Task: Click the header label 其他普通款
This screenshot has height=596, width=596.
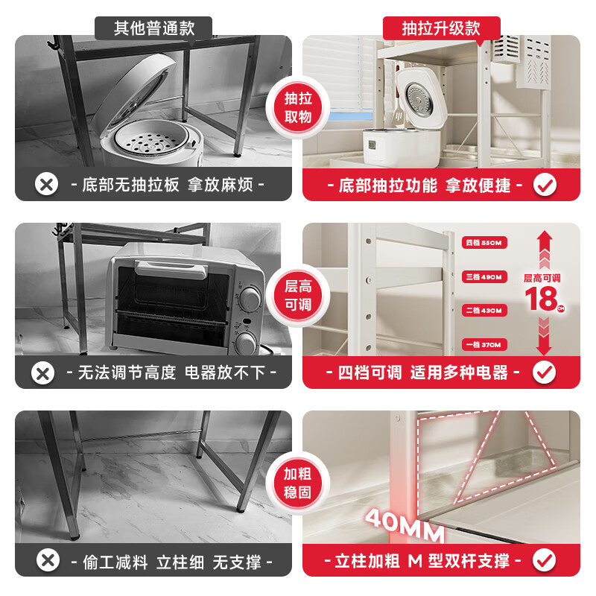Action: pyautogui.click(x=153, y=28)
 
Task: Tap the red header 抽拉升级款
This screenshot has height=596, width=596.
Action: pyautogui.click(x=441, y=28)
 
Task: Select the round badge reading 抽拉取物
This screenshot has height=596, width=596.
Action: pyautogui.click(x=297, y=107)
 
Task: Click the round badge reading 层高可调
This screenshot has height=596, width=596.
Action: pyautogui.click(x=297, y=295)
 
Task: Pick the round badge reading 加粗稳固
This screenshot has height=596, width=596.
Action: pyautogui.click(x=297, y=483)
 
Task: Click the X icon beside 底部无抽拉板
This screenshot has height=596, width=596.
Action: pyautogui.click(x=46, y=184)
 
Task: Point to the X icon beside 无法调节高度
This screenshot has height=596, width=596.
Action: pyautogui.click(x=46, y=372)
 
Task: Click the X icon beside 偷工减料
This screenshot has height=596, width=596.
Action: pyautogui.click(x=46, y=559)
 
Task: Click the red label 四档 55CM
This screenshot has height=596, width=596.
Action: pyautogui.click(x=484, y=242)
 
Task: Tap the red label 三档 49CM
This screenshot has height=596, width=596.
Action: pyautogui.click(x=484, y=276)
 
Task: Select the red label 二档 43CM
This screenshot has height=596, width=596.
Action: pyautogui.click(x=484, y=310)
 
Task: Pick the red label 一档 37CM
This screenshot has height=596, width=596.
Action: pyautogui.click(x=484, y=344)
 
